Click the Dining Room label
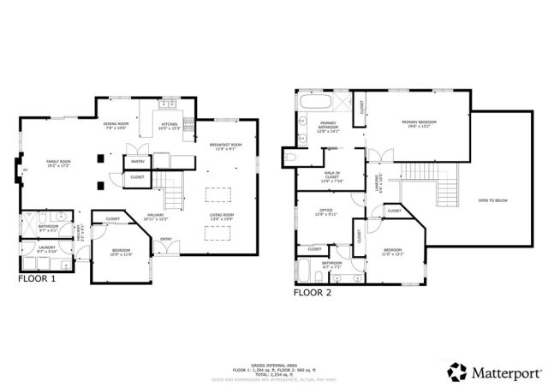pos(116,126)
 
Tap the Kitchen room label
pos(169,126)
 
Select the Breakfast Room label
pos(225,146)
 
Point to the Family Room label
pos(58,162)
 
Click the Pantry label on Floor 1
pos(136,160)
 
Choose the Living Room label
pos(222,216)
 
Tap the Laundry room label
pos(46,249)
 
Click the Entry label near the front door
pos(165,239)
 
